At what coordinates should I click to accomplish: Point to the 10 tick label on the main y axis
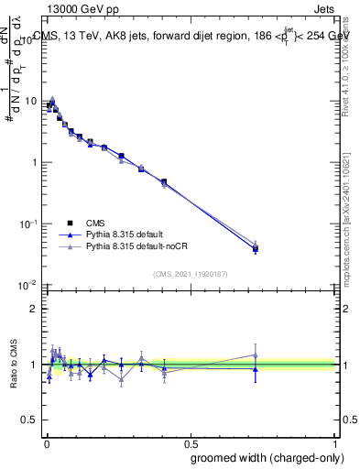pos(29,102)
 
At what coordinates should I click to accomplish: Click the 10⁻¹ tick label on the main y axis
pos(27,224)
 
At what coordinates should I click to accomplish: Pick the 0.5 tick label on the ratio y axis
pos(27,420)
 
